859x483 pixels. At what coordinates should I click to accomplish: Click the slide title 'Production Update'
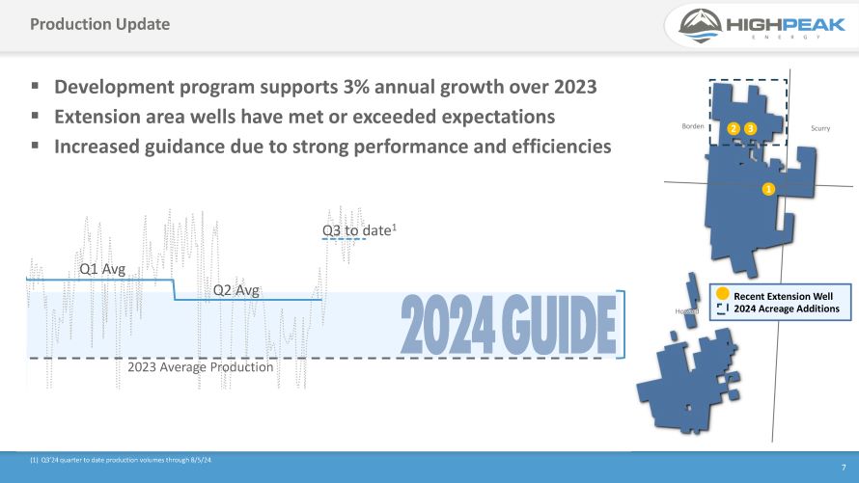point(99,24)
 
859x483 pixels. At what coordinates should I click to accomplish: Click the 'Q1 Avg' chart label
point(101,270)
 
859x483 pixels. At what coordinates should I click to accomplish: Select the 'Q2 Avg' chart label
point(236,289)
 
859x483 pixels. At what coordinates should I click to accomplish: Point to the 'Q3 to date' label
point(355,231)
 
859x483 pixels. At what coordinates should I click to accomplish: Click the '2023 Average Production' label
point(201,367)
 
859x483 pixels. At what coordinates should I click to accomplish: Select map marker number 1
point(769,188)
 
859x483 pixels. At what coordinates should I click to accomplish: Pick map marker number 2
point(734,128)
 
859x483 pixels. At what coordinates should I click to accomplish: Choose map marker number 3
point(751,128)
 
